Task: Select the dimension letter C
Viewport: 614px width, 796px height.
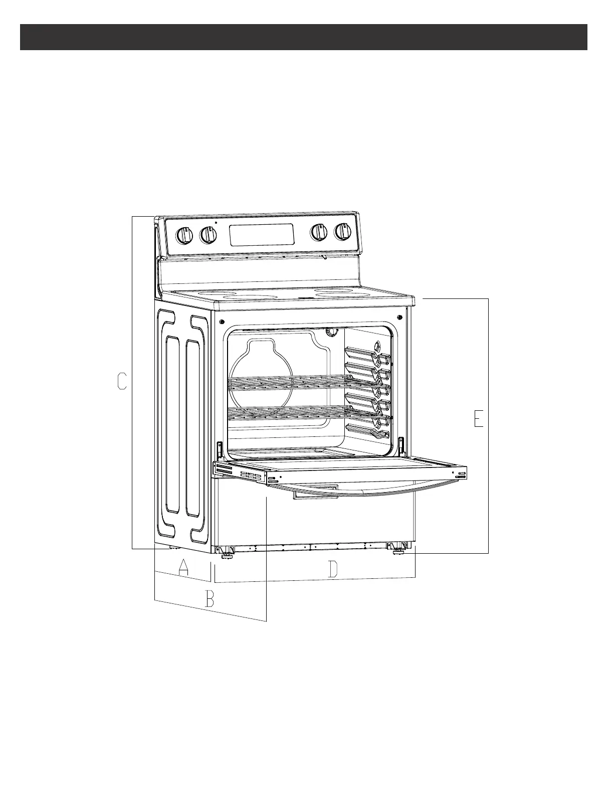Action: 122,381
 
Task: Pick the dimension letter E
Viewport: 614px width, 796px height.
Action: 479,419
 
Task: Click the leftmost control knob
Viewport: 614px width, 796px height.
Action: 185,235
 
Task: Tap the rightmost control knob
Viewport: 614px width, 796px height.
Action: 343,232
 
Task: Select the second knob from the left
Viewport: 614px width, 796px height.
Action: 208,235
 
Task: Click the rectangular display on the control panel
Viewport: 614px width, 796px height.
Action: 262,234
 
